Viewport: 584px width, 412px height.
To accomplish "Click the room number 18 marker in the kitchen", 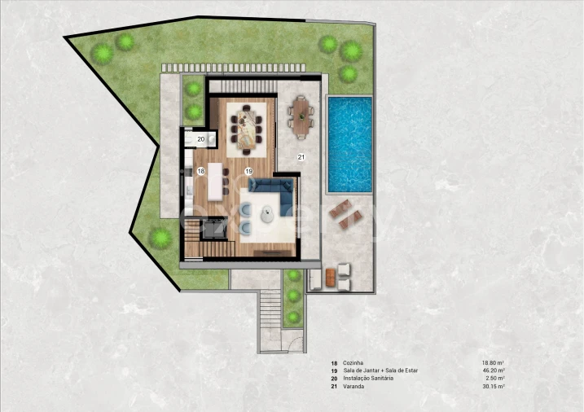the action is point(201,171).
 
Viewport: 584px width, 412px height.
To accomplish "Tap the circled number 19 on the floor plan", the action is point(248,171).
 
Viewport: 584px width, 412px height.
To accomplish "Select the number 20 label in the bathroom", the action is point(200,139).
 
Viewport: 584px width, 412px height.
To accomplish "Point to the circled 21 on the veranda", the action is point(301,157).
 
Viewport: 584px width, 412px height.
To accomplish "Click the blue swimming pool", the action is point(350,144).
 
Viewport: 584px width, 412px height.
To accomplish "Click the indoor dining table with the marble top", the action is point(247,127).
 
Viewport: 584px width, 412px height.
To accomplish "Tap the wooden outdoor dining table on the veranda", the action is point(301,117).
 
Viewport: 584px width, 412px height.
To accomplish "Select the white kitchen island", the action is point(215,182).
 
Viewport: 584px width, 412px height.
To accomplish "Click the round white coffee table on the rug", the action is point(267,214).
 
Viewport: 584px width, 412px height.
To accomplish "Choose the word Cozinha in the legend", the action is point(353,363).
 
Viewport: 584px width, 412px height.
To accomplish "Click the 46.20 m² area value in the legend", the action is point(494,370).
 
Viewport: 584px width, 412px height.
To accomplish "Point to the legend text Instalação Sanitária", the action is point(368,379).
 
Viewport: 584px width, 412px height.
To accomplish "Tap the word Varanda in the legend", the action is point(353,387).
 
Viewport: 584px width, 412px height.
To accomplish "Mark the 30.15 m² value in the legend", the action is point(494,387).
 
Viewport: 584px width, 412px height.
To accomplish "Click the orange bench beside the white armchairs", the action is point(331,278).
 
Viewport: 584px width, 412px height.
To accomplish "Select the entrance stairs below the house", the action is point(270,309).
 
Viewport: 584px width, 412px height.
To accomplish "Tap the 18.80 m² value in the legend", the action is point(494,363).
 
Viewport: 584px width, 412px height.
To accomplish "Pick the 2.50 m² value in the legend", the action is point(495,379).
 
